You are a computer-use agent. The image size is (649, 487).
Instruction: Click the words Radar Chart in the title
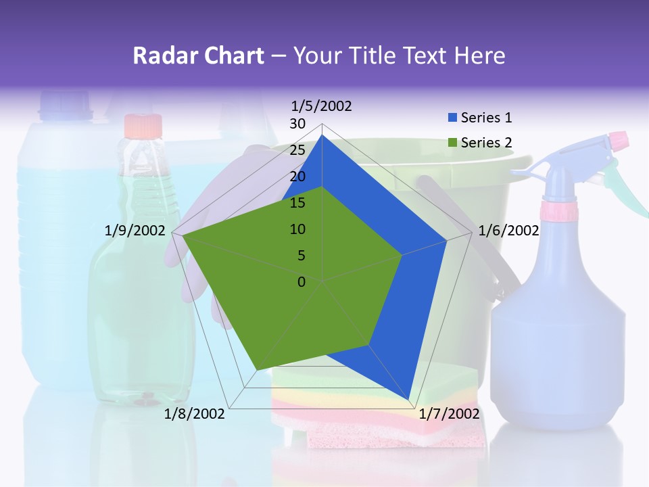pos(198,55)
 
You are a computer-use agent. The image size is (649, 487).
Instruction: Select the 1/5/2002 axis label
pos(321,106)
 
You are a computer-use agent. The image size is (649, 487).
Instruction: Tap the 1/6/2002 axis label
pos(508,231)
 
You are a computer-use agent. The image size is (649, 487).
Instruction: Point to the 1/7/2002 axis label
pos(449,413)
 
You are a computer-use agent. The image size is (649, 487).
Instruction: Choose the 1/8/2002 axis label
pos(195,413)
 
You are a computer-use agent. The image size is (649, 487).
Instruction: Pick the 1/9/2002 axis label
pos(135,231)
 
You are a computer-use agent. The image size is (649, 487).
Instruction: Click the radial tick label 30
pos(297,124)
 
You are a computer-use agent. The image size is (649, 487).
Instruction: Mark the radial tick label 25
pos(297,150)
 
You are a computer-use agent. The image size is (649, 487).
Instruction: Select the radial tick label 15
pos(297,203)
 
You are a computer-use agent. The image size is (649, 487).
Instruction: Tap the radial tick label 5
pos(301,256)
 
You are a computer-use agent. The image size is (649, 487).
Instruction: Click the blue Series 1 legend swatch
pos(452,118)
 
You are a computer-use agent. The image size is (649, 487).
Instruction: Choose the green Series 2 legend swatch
pos(452,143)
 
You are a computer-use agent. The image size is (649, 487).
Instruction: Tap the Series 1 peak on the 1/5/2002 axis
pos(322,135)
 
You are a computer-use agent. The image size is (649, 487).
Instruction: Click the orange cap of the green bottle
pos(143,126)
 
